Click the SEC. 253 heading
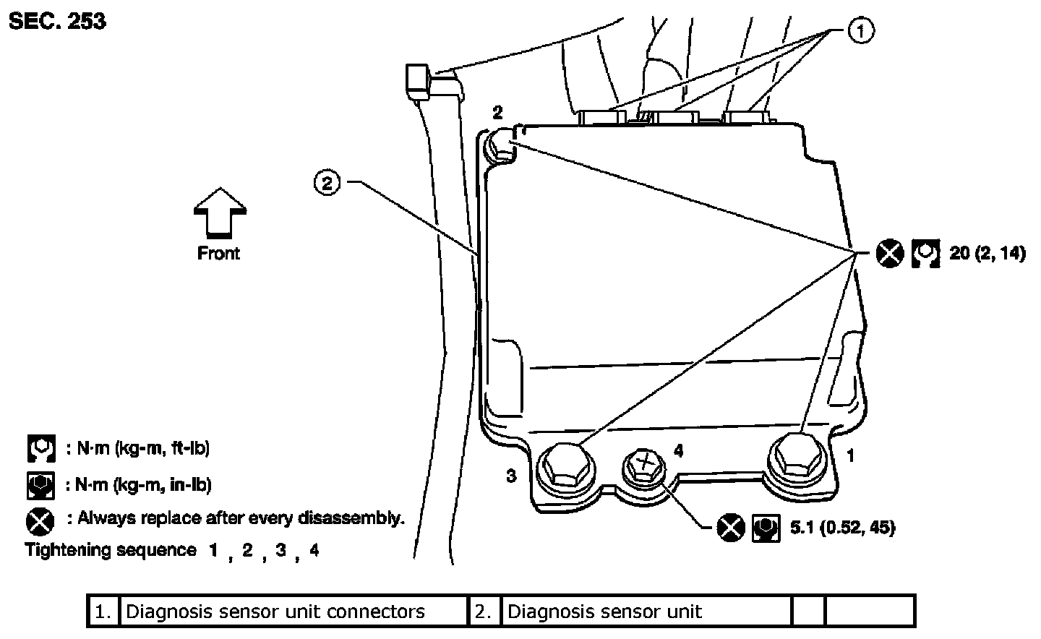(57, 22)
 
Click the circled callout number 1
(859, 31)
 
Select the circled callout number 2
(327, 184)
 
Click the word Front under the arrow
(218, 253)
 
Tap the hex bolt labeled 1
(795, 456)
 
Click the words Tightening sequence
(111, 550)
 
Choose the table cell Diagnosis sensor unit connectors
(275, 612)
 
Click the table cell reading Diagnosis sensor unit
(604, 612)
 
